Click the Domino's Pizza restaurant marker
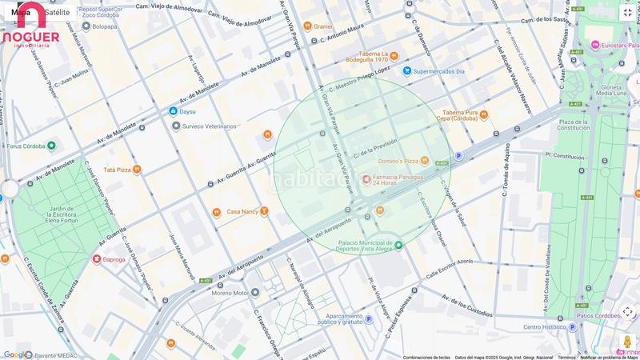tap(425, 162)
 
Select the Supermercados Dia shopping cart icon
tap(407, 71)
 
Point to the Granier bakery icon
tap(306, 26)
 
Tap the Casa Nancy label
tap(242, 212)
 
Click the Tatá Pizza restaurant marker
tap(137, 170)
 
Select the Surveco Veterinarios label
tap(210, 126)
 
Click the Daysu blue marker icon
tap(173, 111)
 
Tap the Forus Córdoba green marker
tap(51, 146)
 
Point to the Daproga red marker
tap(97, 259)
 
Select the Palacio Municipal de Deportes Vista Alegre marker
tap(398, 245)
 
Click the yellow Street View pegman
tap(627, 342)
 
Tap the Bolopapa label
tap(104, 26)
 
